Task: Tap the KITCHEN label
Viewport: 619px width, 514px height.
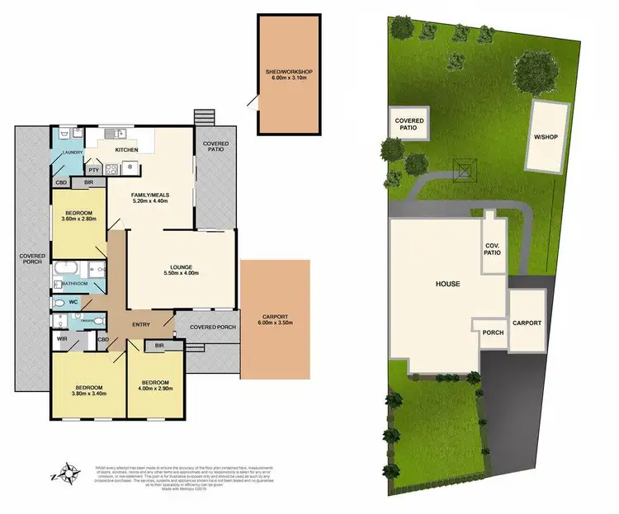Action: click(126, 149)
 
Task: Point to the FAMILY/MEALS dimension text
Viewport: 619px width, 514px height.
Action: click(149, 200)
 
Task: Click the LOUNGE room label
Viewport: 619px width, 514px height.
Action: click(181, 267)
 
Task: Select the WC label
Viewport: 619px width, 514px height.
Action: click(73, 302)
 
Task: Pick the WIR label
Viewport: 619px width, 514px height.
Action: click(62, 339)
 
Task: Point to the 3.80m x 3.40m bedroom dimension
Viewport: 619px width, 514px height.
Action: click(89, 395)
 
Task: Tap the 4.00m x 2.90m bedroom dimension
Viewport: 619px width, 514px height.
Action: click(156, 390)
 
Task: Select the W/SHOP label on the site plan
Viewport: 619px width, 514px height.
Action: click(542, 137)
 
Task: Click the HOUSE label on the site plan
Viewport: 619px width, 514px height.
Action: click(447, 284)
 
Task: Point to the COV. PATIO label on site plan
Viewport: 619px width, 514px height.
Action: click(493, 249)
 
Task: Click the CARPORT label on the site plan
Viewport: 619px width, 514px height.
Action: click(527, 323)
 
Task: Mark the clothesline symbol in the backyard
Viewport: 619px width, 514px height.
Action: click(465, 170)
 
